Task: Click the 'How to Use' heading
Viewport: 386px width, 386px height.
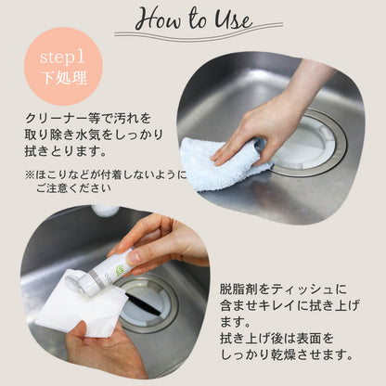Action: point(192,19)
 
